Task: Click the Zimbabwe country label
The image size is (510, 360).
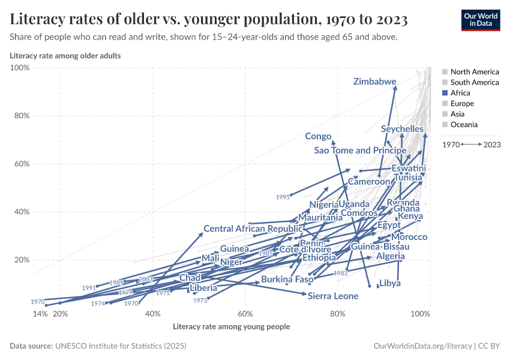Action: [374, 82]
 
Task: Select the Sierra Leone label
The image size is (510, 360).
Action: [333, 296]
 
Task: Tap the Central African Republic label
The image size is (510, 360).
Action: [253, 229]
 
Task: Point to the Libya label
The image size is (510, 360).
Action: [389, 283]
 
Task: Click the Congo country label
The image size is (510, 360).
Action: [318, 137]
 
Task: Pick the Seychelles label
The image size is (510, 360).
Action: [402, 129]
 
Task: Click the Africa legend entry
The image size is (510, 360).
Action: [460, 93]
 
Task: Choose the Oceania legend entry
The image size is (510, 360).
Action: [464, 125]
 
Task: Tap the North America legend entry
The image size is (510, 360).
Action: [474, 71]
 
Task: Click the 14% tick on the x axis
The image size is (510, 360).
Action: [40, 314]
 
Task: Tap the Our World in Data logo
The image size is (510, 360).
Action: [480, 19]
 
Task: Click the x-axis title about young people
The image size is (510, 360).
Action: [231, 327]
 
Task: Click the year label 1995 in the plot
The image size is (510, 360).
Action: [283, 197]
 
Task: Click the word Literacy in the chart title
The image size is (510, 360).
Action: [35, 20]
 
